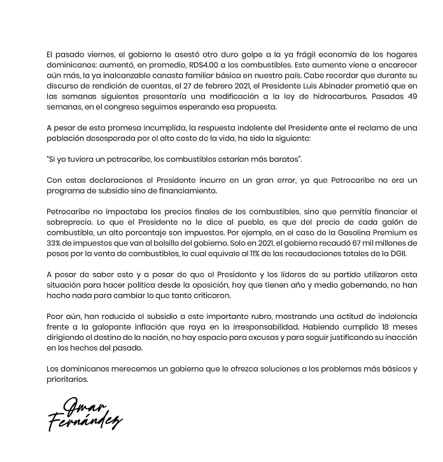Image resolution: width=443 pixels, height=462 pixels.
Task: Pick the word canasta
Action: click(157, 76)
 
